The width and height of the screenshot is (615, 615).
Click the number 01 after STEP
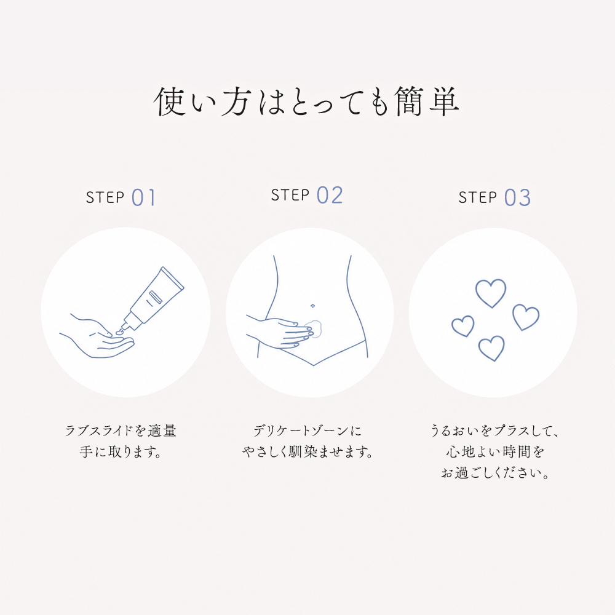pos(143,197)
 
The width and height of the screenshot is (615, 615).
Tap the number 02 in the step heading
pos(330,196)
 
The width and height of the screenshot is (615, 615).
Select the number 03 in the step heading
pos(517,197)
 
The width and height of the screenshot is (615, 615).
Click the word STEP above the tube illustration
pos(105,197)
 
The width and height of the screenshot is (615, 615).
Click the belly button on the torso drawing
pos(312,306)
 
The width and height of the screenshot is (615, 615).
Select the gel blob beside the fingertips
pos(314,328)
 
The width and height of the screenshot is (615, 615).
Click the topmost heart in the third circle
pos(491,293)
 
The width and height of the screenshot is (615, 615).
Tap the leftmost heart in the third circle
pos(463,327)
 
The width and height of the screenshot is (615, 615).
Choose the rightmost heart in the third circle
pos(526,317)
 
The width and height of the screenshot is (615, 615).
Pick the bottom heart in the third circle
pos(491,348)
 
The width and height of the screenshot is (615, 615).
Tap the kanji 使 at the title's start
pos(170,101)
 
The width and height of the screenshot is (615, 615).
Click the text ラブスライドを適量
pos(121,430)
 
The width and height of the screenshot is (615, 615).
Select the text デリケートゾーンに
pos(307,430)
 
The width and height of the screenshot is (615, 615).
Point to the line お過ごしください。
pos(494,473)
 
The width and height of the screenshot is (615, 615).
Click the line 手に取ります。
pos(121,452)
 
